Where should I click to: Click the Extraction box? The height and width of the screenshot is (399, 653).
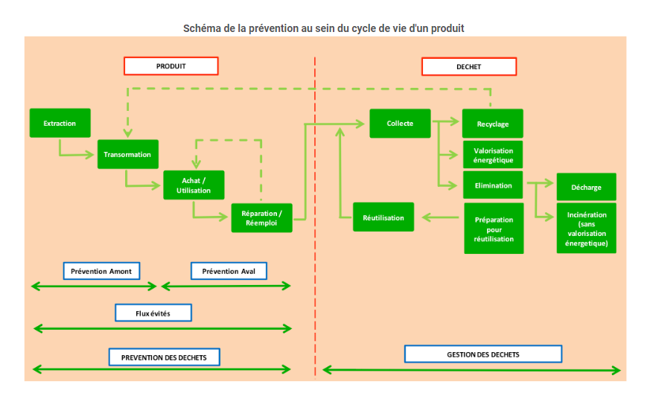click(60, 123)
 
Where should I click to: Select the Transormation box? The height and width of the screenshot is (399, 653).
click(127, 154)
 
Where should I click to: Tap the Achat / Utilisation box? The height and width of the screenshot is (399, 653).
click(194, 185)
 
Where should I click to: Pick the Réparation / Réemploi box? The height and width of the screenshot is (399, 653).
click(261, 217)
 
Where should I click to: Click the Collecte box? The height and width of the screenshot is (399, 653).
click(400, 123)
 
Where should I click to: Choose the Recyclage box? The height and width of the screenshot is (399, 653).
click(493, 124)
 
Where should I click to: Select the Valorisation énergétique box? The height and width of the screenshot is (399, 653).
click(493, 155)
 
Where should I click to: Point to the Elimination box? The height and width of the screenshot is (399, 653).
click(493, 185)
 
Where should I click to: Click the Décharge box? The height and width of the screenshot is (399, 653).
click(586, 187)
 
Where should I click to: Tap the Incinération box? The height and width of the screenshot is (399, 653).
click(586, 229)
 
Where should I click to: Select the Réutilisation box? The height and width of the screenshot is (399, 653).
click(383, 217)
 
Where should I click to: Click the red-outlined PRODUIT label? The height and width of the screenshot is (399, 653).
click(171, 66)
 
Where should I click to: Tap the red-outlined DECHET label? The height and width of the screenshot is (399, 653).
click(468, 67)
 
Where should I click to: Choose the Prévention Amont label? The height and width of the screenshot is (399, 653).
click(101, 271)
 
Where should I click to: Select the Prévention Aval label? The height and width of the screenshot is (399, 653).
click(229, 271)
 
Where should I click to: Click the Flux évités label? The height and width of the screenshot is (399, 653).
click(153, 313)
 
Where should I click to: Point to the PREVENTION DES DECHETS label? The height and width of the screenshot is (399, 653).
click(164, 357)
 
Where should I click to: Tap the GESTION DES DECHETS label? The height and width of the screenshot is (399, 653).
click(483, 354)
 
